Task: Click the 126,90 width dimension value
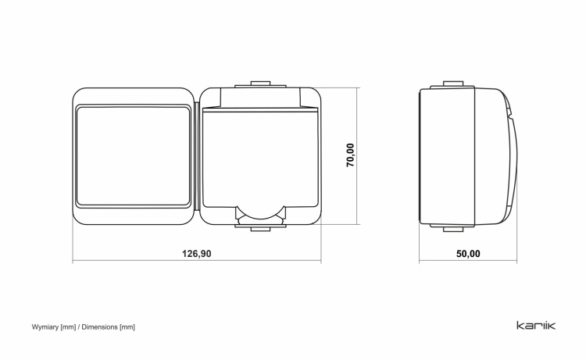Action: click(x=197, y=254)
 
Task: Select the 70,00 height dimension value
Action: click(x=350, y=155)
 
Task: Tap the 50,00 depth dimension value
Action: click(x=468, y=254)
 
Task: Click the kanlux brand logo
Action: click(x=536, y=326)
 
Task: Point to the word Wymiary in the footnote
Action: click(x=45, y=327)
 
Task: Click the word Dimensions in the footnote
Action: click(x=99, y=327)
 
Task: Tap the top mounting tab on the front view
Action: click(x=260, y=84)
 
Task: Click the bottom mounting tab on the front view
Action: click(x=260, y=228)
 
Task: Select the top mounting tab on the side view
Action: click(x=453, y=84)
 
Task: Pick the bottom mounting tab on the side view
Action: click(x=453, y=228)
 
